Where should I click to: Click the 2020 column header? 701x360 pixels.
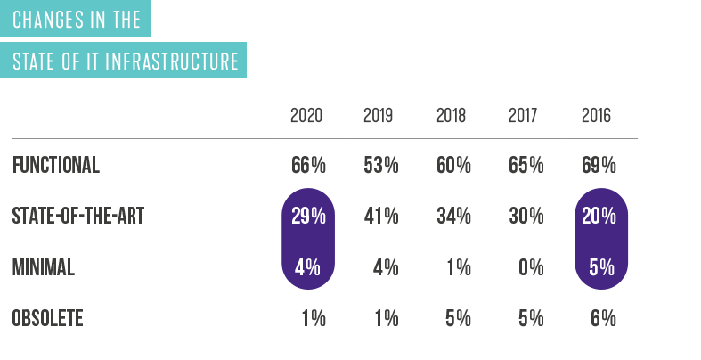coord(306,116)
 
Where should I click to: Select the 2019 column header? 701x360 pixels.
coord(379,116)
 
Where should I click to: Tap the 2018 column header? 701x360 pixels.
coord(452,116)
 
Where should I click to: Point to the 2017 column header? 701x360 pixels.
coord(524,116)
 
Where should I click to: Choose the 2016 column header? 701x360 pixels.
coord(596,116)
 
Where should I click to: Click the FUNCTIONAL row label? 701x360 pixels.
coord(55,165)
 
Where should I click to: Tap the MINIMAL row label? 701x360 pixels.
coord(44,267)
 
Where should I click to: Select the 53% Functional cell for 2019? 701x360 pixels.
coord(381,165)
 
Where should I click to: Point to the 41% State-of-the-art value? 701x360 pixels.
coord(381,217)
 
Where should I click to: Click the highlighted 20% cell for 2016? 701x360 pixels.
coord(598,217)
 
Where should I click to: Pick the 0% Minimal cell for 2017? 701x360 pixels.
coord(529,267)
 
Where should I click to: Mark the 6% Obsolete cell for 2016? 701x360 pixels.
coord(602,318)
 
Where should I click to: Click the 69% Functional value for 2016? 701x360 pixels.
coord(598,165)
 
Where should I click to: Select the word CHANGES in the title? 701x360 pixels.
coord(45,20)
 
